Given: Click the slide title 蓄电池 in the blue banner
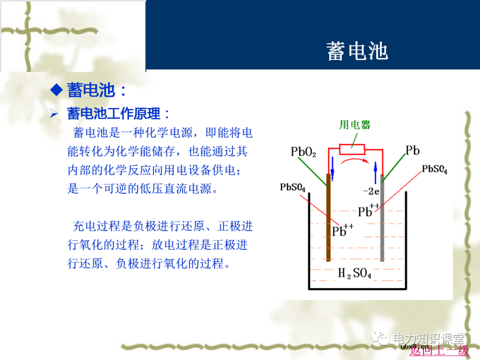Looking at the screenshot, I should (357, 51).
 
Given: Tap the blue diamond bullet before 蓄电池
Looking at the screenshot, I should (56, 90).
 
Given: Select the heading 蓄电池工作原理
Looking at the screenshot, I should (113, 114).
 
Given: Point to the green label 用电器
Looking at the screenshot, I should (355, 124).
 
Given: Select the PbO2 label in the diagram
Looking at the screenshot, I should (303, 152).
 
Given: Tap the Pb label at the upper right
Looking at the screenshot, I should (412, 151).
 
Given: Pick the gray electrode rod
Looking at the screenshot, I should (382, 222).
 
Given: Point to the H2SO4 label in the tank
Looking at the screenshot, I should (354, 273).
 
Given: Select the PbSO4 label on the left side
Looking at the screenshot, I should (292, 187).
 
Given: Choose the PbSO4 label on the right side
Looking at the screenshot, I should (434, 170).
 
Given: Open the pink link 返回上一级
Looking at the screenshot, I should (439, 350).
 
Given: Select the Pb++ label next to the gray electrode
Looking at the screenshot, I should (368, 211).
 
